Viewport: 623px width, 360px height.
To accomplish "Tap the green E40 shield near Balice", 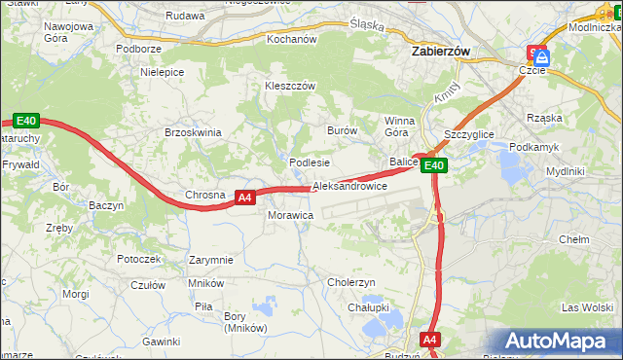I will click(434, 166).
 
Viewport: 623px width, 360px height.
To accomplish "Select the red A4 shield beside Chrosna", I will click(244, 197).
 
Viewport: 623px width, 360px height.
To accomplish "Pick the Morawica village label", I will click(289, 215).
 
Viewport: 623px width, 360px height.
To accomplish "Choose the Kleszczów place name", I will click(290, 86).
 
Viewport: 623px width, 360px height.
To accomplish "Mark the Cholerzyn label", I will click(351, 282).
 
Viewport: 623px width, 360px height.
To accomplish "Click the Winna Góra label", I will click(399, 126).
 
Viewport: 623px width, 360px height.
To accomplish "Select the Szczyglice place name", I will click(468, 133).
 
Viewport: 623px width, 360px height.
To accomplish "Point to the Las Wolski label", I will click(587, 307).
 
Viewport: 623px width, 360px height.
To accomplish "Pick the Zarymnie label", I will click(211, 260).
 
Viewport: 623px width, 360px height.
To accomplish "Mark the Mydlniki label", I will click(565, 171).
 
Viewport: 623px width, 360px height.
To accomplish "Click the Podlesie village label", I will click(310, 162).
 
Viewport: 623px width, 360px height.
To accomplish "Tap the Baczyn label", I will click(106, 206).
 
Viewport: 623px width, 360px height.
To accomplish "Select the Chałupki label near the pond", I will click(369, 307).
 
